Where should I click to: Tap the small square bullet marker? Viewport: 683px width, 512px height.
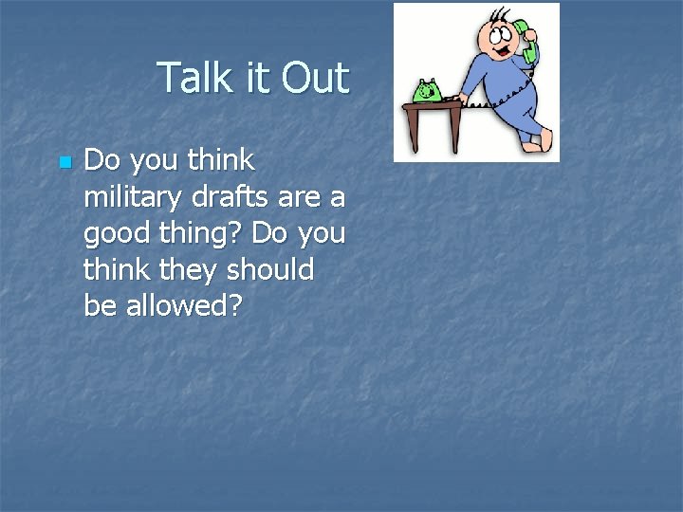(x=64, y=163)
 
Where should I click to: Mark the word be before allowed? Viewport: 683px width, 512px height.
(x=100, y=306)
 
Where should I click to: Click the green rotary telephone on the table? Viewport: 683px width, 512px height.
(x=427, y=92)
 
